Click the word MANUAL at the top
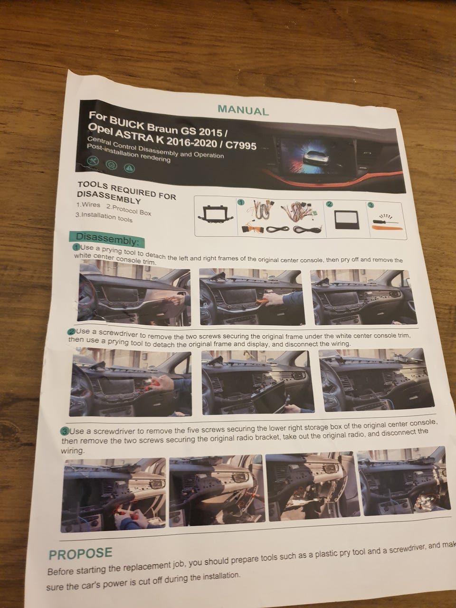(243, 110)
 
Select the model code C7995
(241, 145)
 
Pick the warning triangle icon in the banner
(130, 168)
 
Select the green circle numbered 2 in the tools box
(329, 204)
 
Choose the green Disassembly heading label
(107, 239)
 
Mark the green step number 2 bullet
(72, 332)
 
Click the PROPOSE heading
(81, 553)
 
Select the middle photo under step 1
(251, 297)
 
